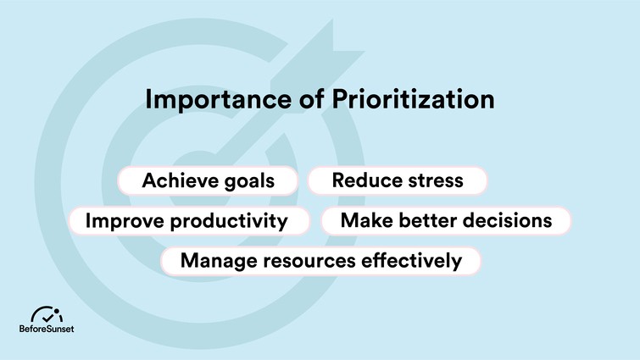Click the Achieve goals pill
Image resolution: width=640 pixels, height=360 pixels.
(x=208, y=180)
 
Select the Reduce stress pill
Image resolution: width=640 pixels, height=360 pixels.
(x=397, y=180)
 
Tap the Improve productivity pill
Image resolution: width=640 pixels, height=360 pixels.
(x=186, y=221)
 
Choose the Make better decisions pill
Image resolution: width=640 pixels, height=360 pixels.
(x=446, y=221)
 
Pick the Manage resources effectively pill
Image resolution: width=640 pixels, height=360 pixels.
(x=321, y=261)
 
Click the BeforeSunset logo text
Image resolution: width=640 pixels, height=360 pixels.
(x=47, y=330)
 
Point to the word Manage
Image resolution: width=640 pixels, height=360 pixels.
(x=218, y=261)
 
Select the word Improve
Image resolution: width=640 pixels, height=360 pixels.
(x=125, y=222)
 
